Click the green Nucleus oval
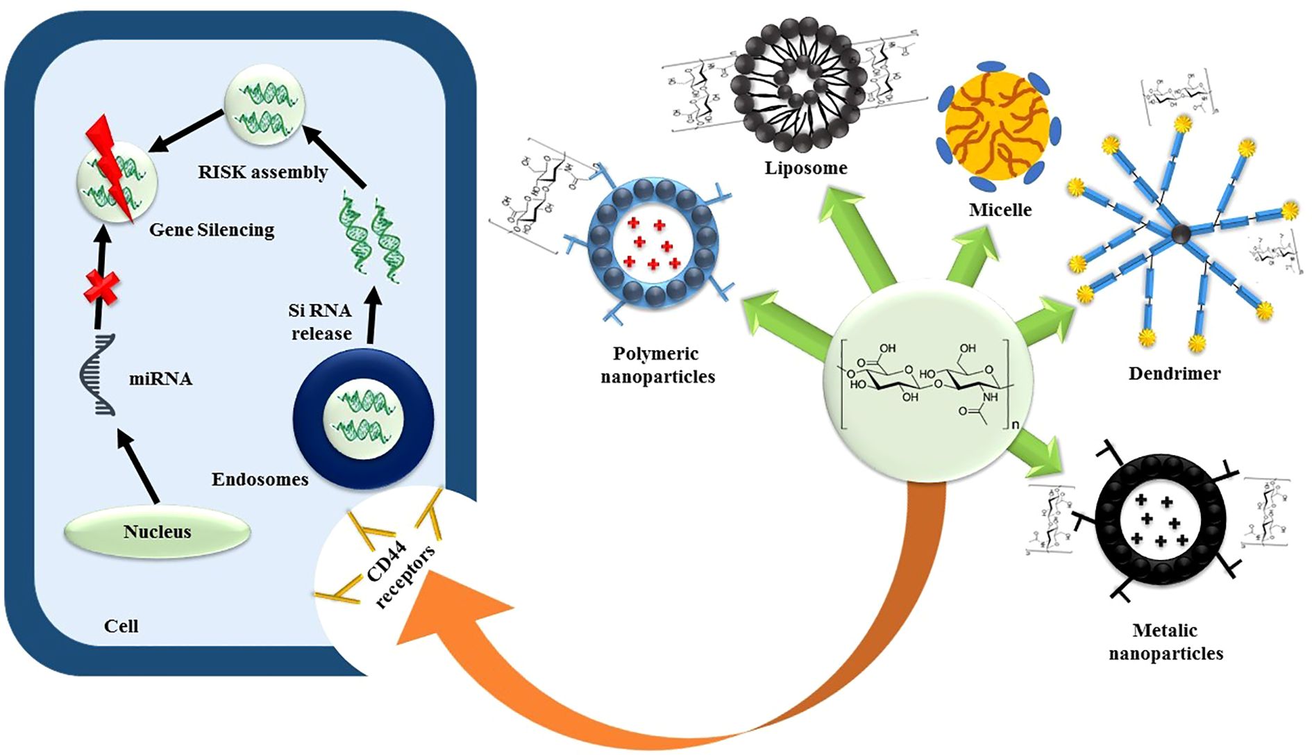pos(157,532)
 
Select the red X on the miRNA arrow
pos(101,287)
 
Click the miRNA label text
pos(160,379)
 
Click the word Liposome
pos(806,168)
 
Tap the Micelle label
pos(1000,210)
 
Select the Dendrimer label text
pos(1174,374)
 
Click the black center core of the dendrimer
pos(1181,234)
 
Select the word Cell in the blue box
pos(121,627)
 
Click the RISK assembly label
pos(262,172)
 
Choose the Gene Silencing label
pos(212,230)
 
